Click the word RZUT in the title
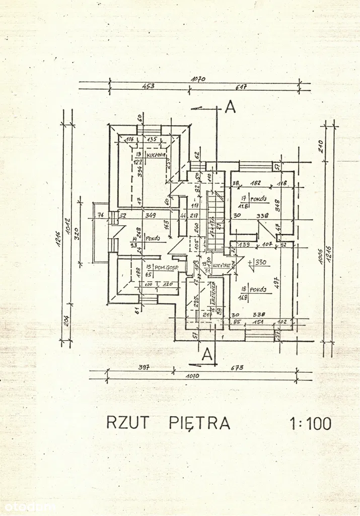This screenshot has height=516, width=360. click(x=128, y=422)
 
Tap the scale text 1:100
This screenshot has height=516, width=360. click(x=311, y=423)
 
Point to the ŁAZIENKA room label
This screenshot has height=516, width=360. click(x=213, y=292)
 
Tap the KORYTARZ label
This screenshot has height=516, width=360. click(x=222, y=265)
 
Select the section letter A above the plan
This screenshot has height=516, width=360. click(x=230, y=107)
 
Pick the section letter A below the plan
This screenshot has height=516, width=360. click(x=206, y=355)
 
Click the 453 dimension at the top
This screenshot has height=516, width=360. click(x=148, y=86)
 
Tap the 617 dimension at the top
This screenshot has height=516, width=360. click(x=242, y=87)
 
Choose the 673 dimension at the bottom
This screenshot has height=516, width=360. click(x=237, y=368)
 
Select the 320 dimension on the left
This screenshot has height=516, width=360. click(x=77, y=233)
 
